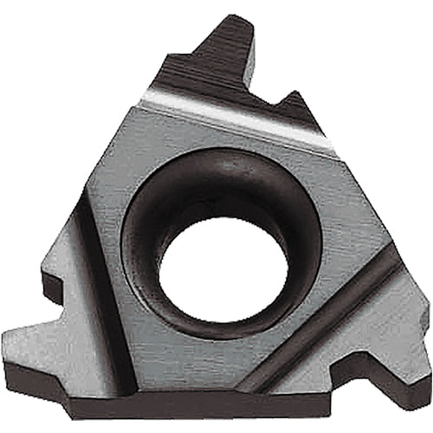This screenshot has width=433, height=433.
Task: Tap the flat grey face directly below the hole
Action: [221, 355]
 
